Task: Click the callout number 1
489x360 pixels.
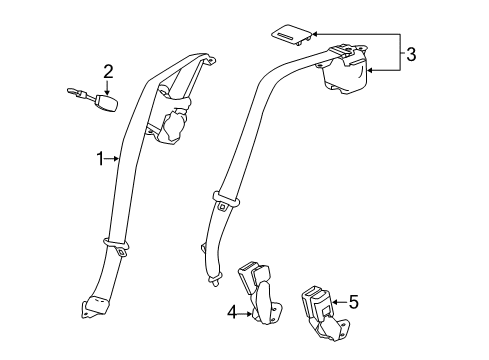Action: (x=99, y=157)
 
